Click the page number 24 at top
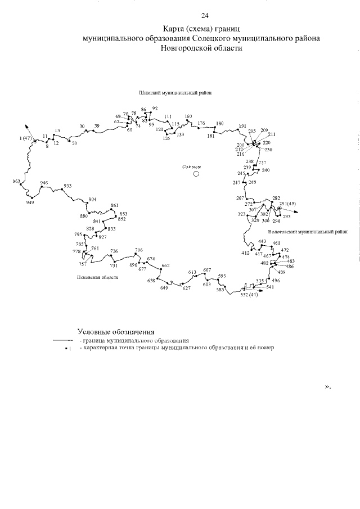(205, 15)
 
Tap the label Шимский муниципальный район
(179, 93)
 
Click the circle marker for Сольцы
(196, 174)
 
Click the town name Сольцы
(192, 167)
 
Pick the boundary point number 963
(16, 181)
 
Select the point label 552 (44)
(249, 294)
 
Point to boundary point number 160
(188, 116)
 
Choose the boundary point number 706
(139, 250)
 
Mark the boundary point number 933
(67, 186)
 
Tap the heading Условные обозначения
(115, 332)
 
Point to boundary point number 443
(262, 241)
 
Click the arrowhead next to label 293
(297, 212)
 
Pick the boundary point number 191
(242, 126)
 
